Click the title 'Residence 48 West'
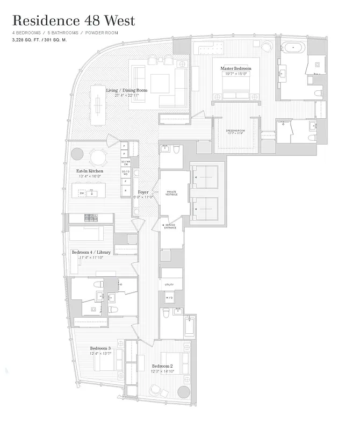[74, 21]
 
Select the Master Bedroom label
[235, 69]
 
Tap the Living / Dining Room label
[126, 90]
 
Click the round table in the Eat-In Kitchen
[98, 157]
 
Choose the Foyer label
[143, 192]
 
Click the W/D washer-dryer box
[169, 297]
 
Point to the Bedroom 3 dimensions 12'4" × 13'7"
[100, 354]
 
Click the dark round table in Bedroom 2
[184, 391]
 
